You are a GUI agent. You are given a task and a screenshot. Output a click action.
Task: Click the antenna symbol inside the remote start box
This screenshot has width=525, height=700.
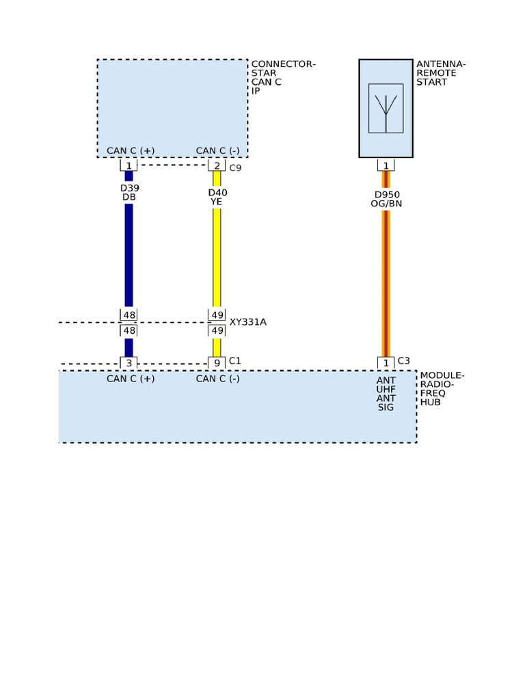[386, 109]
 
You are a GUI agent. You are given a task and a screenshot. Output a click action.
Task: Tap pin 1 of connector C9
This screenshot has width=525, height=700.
[129, 165]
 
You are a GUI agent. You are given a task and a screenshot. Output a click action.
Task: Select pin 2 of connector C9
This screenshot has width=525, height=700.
[217, 165]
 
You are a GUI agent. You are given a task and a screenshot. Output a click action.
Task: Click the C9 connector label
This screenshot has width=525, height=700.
[235, 168]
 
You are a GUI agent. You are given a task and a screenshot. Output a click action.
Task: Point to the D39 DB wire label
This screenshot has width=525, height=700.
[129, 192]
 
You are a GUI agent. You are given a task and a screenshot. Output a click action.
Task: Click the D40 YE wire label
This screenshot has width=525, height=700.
[217, 198]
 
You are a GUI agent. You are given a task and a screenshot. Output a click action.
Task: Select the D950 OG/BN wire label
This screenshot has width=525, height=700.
[386, 199]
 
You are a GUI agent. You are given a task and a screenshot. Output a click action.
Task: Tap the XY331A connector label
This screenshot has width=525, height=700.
[247, 322]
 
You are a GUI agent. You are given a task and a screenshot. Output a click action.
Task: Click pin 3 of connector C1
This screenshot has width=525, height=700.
[129, 363]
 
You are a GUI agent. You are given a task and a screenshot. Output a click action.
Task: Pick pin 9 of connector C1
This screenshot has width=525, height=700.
[217, 363]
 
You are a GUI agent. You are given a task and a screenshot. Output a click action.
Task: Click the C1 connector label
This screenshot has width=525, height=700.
[235, 361]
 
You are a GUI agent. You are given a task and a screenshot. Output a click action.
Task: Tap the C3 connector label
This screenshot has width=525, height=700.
[403, 361]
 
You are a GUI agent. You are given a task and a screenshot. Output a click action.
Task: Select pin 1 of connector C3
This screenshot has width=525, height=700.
[386, 363]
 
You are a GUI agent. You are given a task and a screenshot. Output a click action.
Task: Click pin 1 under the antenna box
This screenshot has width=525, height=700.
[386, 165]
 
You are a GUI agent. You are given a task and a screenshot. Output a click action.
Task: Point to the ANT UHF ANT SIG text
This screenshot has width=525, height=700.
[386, 394]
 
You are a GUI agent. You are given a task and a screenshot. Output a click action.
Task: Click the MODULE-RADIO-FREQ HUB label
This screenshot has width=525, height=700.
[442, 389]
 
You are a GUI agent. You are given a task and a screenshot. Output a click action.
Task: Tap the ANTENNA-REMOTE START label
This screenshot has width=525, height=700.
[441, 72]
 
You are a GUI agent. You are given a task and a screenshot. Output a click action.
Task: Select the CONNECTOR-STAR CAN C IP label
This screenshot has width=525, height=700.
[284, 77]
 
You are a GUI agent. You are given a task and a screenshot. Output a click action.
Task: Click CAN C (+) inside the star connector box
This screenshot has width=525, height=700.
[131, 151]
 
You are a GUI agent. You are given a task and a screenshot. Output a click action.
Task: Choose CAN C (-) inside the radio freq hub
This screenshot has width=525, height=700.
[218, 379]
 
